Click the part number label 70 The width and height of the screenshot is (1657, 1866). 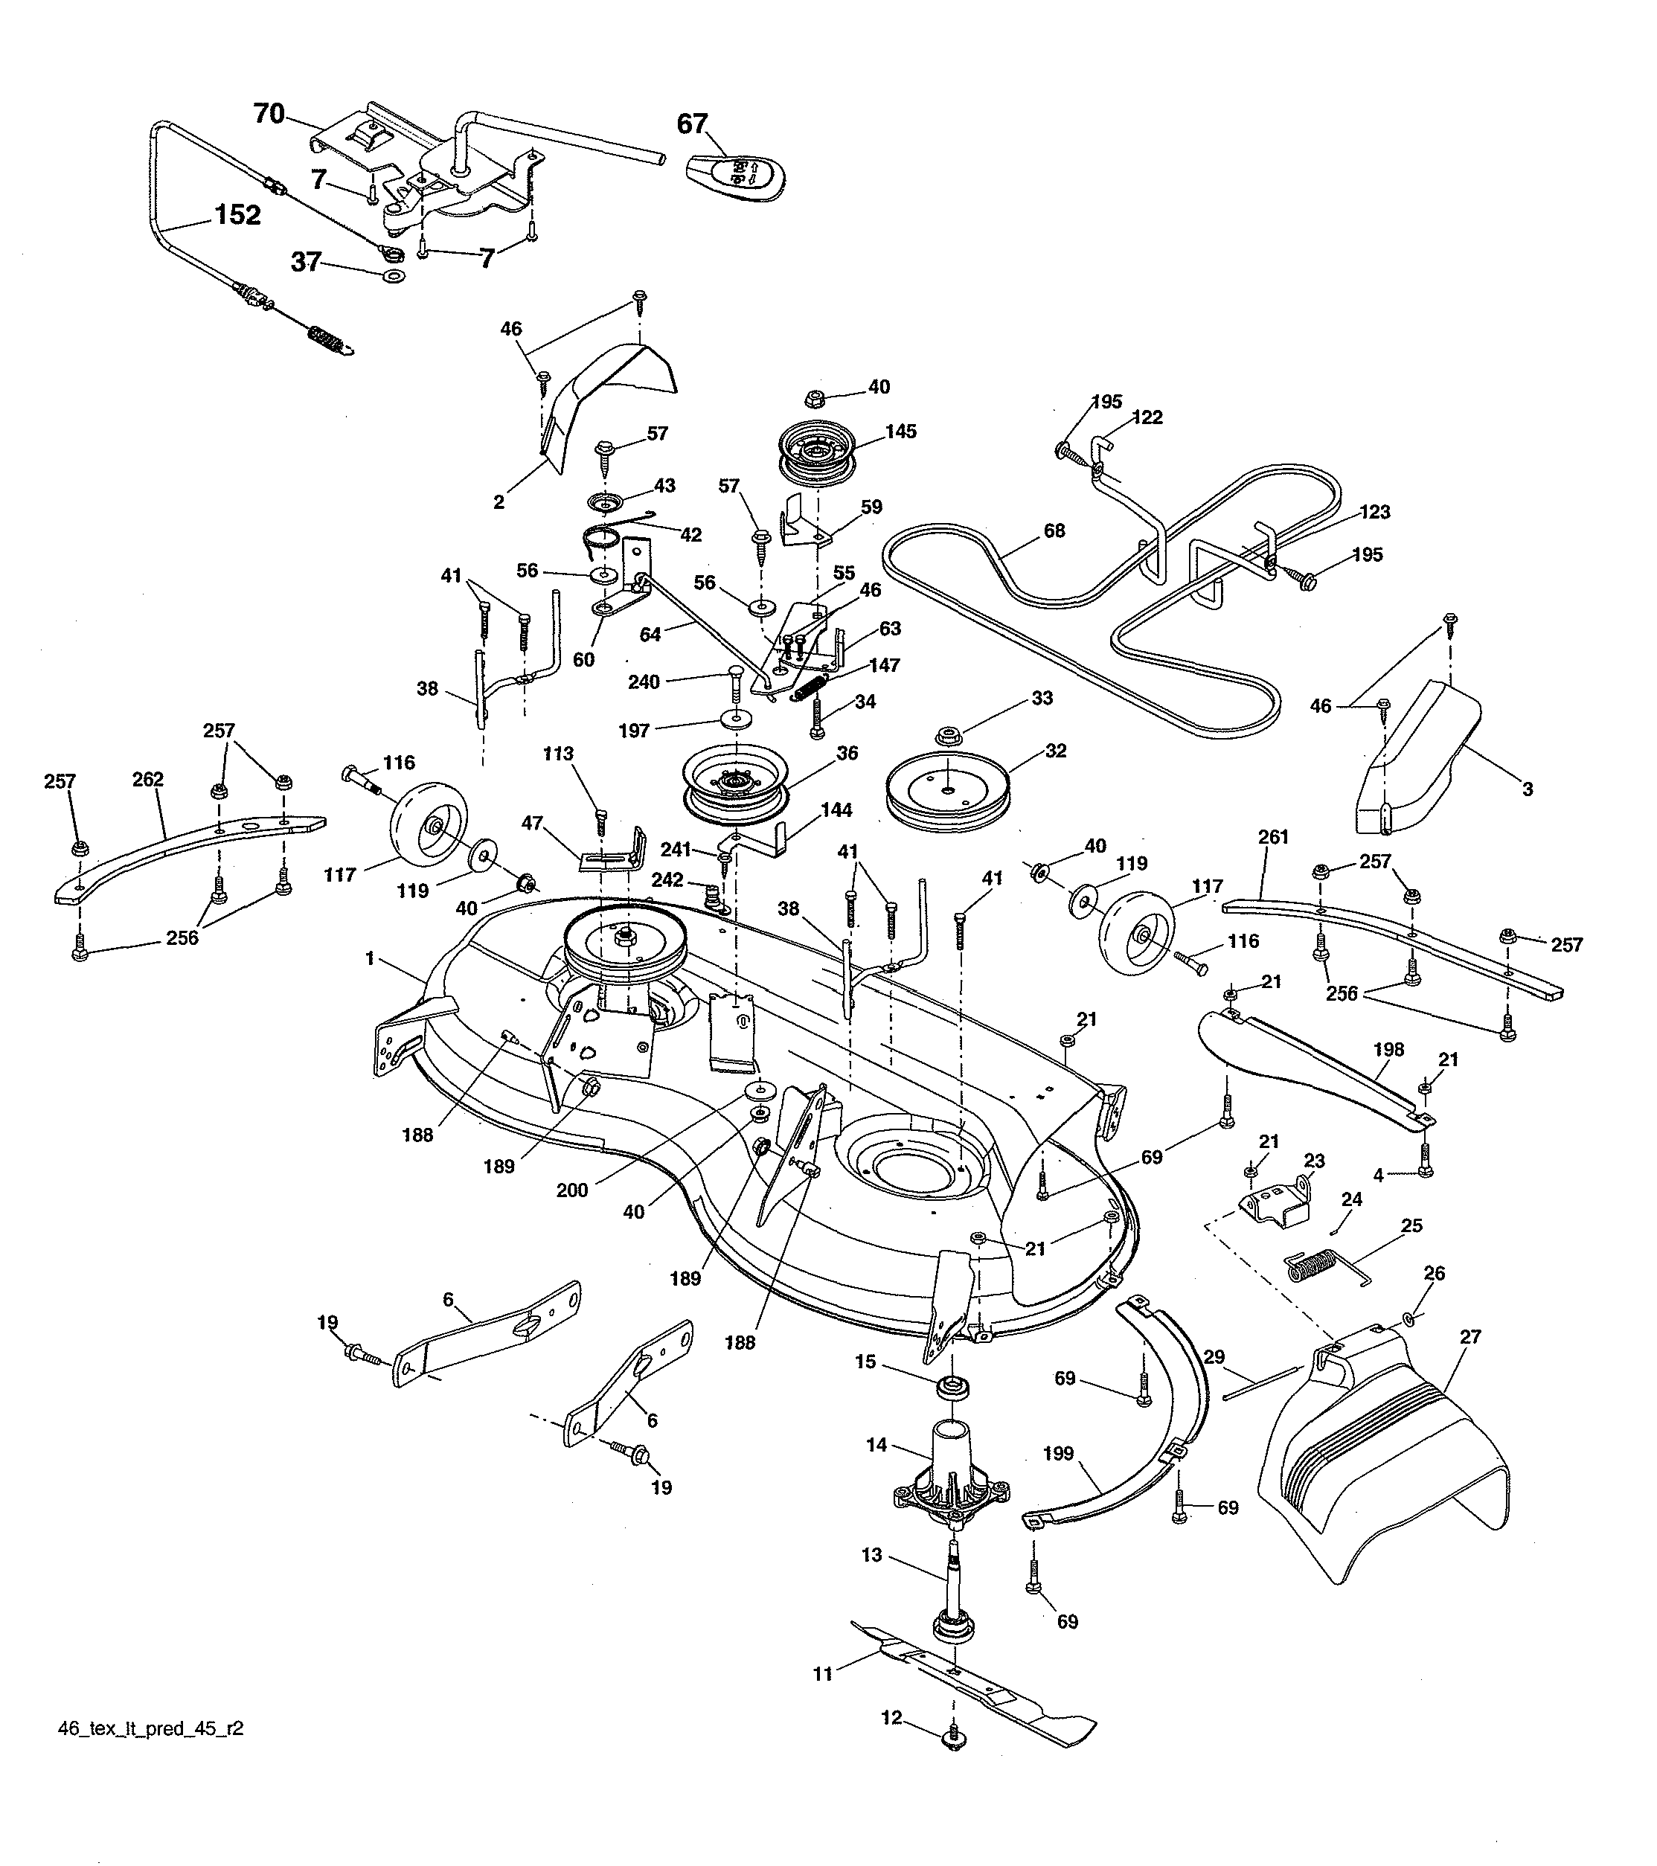(x=269, y=114)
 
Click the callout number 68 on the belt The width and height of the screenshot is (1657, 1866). (x=1054, y=530)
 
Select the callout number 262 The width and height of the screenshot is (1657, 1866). (x=148, y=779)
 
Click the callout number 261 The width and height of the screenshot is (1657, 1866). (x=1274, y=836)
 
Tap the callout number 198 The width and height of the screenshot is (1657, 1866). (x=1388, y=1049)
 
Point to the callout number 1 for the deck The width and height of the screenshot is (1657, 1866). (x=370, y=958)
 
